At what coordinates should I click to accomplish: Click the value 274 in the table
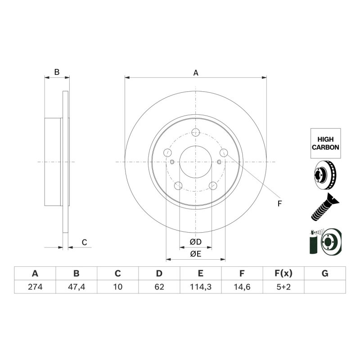[35, 287]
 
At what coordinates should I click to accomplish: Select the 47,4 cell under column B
[76, 287]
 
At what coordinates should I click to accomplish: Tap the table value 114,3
[201, 287]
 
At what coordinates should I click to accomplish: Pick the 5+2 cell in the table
[283, 287]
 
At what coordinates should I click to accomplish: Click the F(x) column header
[283, 274]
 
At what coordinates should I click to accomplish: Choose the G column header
[325, 274]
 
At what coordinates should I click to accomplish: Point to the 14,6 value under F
[242, 287]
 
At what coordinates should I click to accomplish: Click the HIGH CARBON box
[325, 143]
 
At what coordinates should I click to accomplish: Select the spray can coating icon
[325, 241]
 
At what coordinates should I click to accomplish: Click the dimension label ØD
[196, 242]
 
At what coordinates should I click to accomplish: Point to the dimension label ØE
[196, 254]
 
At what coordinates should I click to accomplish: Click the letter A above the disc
[196, 73]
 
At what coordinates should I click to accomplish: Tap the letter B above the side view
[57, 72]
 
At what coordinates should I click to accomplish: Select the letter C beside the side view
[85, 242]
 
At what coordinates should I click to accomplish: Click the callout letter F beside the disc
[279, 204]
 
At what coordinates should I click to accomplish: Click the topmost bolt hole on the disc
[196, 132]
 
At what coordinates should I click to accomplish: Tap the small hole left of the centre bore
[172, 162]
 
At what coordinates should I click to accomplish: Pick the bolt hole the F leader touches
[224, 153]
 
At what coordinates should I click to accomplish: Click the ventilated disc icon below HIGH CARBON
[325, 175]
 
